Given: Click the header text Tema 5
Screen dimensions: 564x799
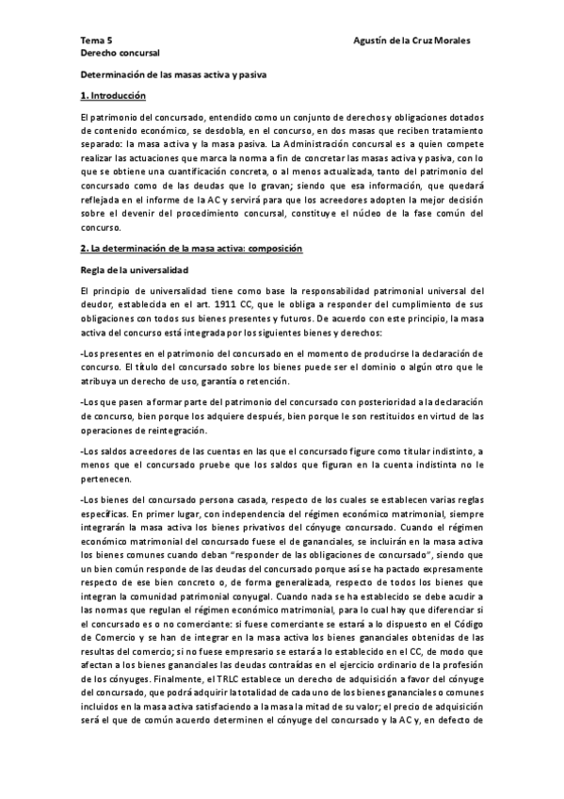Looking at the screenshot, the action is [x=96, y=42].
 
